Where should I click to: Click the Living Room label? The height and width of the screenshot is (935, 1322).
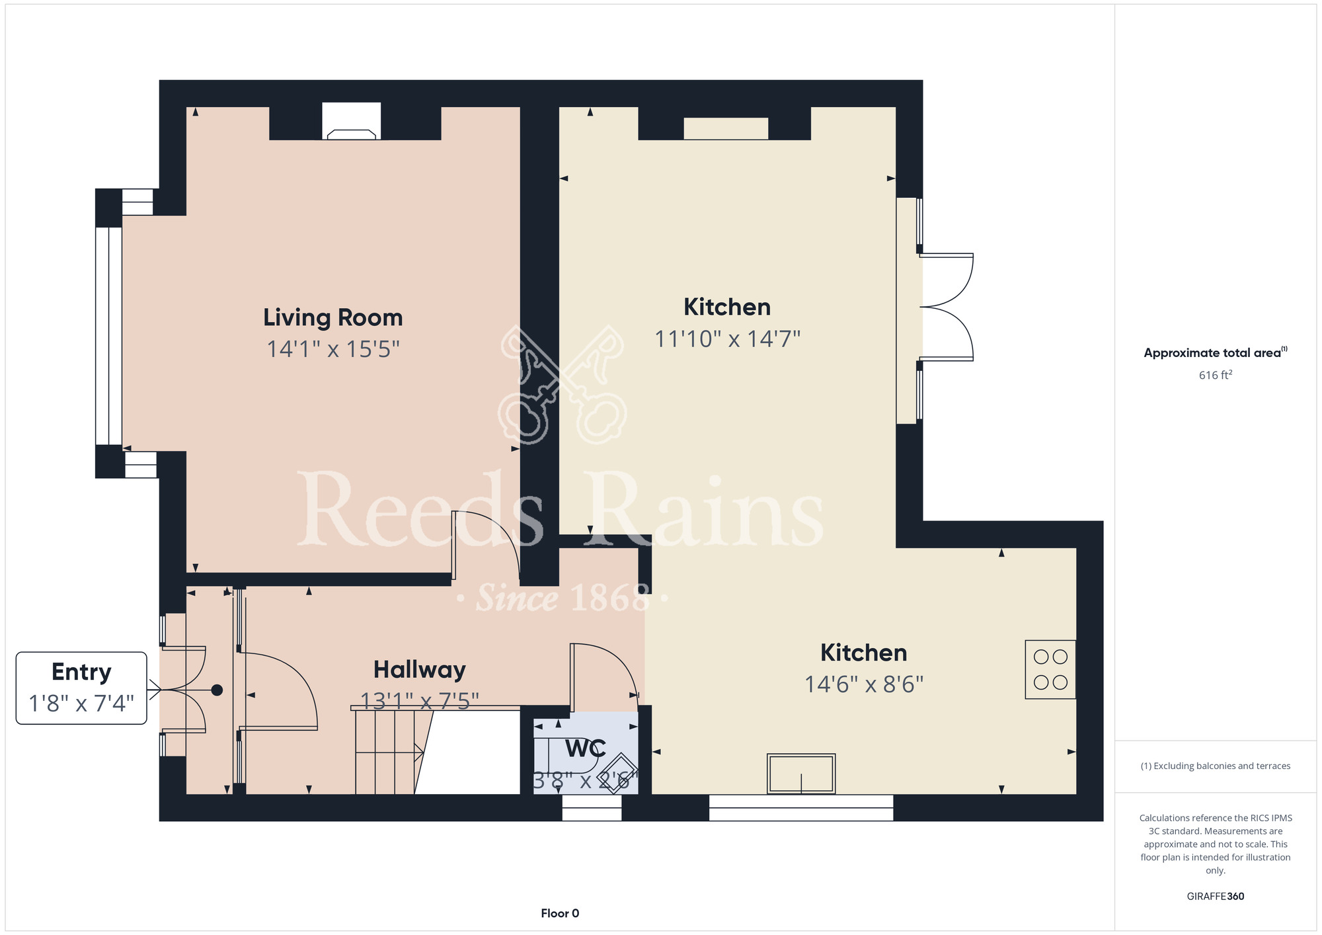(333, 317)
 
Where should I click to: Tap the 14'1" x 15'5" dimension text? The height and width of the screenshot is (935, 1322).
(333, 349)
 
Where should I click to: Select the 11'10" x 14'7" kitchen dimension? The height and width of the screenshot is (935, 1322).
(727, 339)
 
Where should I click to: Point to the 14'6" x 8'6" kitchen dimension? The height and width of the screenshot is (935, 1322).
(864, 684)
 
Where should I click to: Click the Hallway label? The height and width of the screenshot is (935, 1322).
(420, 670)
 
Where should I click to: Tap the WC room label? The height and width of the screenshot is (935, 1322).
(586, 749)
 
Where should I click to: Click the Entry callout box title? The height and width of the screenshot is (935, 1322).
(81, 672)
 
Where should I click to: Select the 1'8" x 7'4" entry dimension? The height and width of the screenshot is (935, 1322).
(81, 703)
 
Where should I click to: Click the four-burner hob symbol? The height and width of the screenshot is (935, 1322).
(1050, 669)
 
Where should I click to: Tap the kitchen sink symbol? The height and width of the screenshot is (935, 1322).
(801, 774)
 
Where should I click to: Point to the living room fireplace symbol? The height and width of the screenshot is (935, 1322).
(352, 121)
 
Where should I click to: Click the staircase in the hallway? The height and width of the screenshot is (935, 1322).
(390, 751)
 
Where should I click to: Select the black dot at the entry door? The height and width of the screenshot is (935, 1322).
(217, 690)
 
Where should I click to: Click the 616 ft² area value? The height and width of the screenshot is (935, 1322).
(1216, 375)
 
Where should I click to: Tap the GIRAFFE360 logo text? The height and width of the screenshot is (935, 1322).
(1216, 897)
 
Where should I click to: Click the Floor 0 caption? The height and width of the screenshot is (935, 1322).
(560, 913)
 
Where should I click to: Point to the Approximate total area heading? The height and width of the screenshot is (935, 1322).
(1216, 352)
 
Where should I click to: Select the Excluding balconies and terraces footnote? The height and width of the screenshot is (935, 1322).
(1216, 766)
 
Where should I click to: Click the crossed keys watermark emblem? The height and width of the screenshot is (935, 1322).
(563, 384)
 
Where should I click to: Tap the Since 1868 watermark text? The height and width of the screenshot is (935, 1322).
(563, 598)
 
